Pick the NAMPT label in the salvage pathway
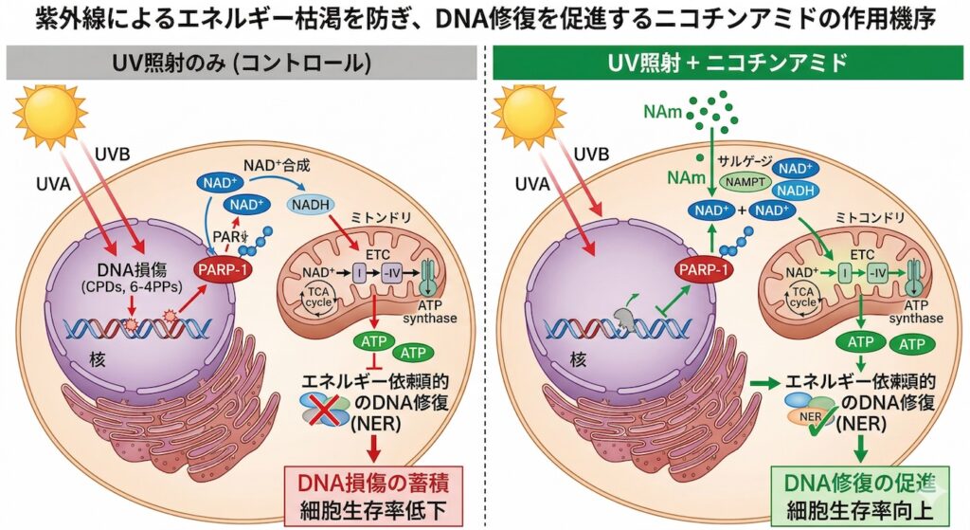pyautogui.click(x=742, y=178)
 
